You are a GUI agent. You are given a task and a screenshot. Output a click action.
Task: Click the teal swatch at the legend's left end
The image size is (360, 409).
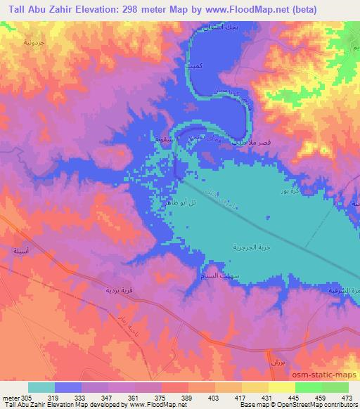click(41, 387)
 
